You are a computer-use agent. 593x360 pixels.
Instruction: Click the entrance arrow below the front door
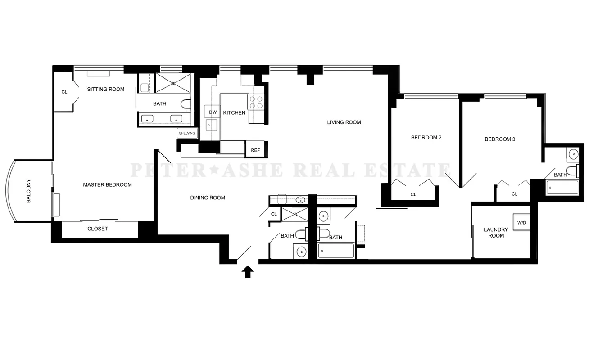pyautogui.click(x=248, y=272)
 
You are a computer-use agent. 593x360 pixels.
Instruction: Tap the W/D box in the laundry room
pyautogui.click(x=522, y=223)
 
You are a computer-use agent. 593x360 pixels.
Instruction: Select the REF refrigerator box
pyautogui.click(x=255, y=150)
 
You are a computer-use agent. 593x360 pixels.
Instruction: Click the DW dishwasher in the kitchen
pyautogui.click(x=213, y=112)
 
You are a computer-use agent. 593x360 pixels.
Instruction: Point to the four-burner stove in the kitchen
pyautogui.click(x=256, y=103)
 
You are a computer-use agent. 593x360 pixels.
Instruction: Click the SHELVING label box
pyautogui.click(x=187, y=133)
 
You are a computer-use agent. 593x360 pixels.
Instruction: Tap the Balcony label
pyautogui.click(x=28, y=191)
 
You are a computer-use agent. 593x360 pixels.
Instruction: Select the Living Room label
pyautogui.click(x=344, y=122)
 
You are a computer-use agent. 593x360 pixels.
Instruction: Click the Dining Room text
pyautogui.click(x=208, y=198)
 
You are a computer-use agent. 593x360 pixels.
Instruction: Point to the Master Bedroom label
pyautogui.click(x=107, y=184)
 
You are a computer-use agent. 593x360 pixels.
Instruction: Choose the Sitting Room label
pyautogui.click(x=106, y=89)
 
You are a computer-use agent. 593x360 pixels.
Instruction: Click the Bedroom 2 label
pyautogui.click(x=426, y=138)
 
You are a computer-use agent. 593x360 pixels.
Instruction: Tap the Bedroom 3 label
pyautogui.click(x=500, y=139)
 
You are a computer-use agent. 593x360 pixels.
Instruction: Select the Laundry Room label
pyautogui.click(x=496, y=233)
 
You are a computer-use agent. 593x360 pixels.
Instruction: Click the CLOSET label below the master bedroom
pyautogui.click(x=98, y=229)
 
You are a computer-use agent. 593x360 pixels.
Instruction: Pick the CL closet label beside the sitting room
pyautogui.click(x=64, y=92)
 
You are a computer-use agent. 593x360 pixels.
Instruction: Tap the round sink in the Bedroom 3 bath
pyautogui.click(x=573, y=154)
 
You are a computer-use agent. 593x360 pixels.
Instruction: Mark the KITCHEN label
pyautogui.click(x=235, y=112)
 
